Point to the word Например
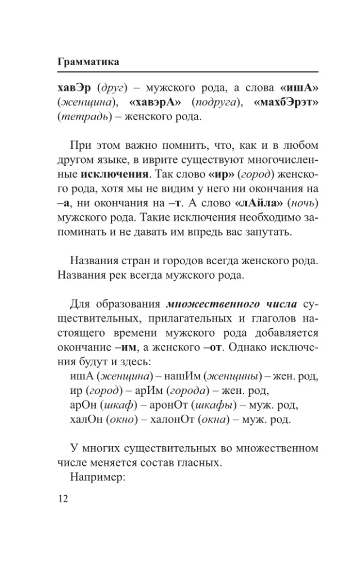click(97, 479)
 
